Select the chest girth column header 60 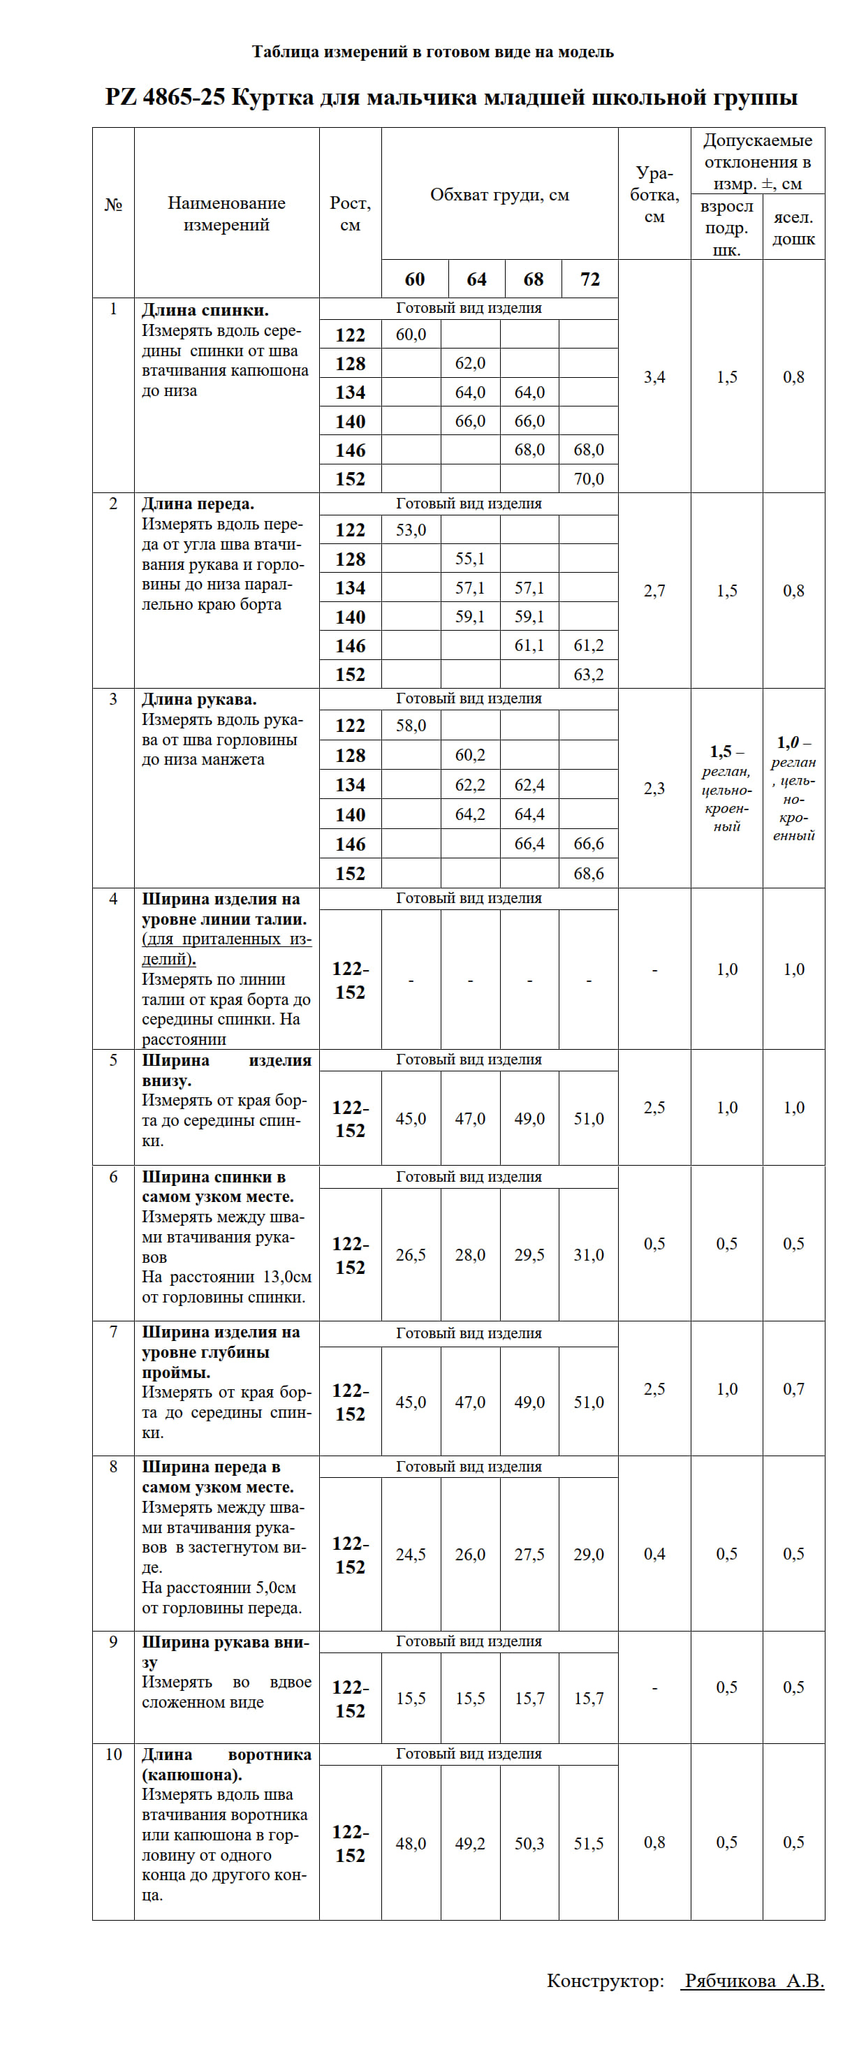pos(414,279)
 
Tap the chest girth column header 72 pos(589,279)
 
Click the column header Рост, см pos(350,214)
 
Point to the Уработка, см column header pos(654,194)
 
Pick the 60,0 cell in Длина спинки pos(411,335)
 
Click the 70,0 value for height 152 pos(588,478)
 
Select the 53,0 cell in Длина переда pos(411,529)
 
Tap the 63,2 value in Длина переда pos(588,674)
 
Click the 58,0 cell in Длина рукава pos(411,725)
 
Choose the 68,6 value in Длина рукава pos(588,873)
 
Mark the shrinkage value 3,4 pos(654,377)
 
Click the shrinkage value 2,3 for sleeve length pos(654,789)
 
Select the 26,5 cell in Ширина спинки pos(411,1254)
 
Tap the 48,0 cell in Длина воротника pos(411,1842)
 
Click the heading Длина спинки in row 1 pos(205,310)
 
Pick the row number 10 pos(114,1754)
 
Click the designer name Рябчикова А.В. pos(754,1980)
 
